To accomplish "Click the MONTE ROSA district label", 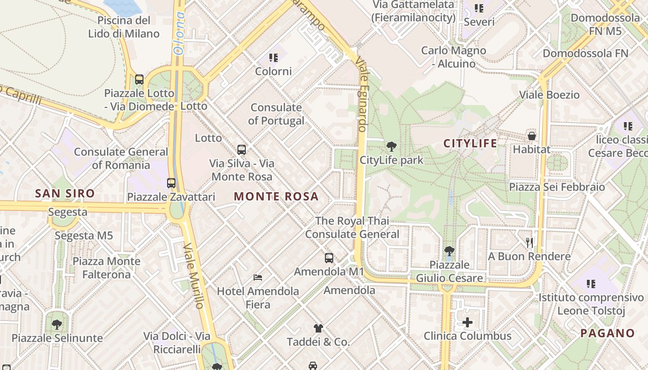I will (276, 197).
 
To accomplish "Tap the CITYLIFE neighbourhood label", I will (470, 143).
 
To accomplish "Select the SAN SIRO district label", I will (65, 193).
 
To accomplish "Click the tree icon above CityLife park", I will (392, 147).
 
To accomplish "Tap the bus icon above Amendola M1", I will (329, 258).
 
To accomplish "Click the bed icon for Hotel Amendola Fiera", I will (258, 277).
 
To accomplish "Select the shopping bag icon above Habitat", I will (532, 136).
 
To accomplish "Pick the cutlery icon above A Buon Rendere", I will (530, 242).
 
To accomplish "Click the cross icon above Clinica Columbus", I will (467, 322).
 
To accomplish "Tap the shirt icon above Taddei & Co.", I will (318, 329).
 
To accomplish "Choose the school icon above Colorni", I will (274, 58).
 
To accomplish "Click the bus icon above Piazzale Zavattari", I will (171, 183).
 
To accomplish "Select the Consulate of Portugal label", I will (276, 114).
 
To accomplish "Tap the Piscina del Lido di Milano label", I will (124, 27).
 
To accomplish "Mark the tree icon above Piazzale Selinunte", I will (57, 325).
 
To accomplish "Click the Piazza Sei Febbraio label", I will (557, 187).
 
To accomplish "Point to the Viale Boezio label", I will (549, 95).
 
